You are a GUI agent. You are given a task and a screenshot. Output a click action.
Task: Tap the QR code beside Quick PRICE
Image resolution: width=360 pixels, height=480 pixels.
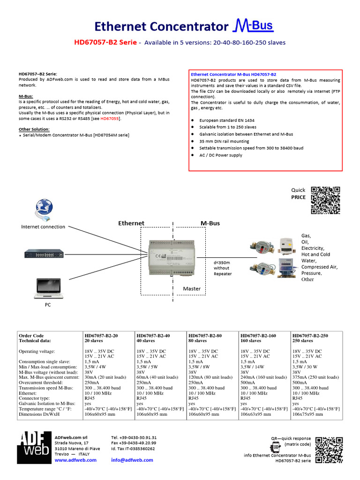coord(325,200)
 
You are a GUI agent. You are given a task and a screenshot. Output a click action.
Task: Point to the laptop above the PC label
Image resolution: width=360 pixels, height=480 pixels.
coord(47,288)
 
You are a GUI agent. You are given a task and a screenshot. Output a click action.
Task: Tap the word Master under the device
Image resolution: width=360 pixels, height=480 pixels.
coord(191,288)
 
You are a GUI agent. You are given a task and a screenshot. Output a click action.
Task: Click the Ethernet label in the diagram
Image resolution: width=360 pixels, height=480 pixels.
coord(131,223)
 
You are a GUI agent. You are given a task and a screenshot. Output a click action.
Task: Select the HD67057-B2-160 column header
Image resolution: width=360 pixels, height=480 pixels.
coord(258,336)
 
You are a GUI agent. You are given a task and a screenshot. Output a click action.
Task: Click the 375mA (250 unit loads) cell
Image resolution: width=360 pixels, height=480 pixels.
coord(315,377)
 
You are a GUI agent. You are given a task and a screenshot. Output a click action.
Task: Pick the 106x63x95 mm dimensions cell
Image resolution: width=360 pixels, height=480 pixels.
coord(256,414)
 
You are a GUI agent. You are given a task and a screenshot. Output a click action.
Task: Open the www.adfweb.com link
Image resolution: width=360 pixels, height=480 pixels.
coord(75,460)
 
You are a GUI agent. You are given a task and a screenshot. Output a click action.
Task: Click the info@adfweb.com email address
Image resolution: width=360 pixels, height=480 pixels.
coord(132,460)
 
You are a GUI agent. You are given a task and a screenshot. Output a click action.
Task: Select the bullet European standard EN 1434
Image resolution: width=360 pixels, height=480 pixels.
coord(226,120)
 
